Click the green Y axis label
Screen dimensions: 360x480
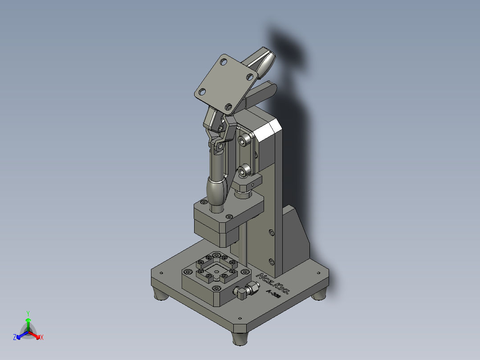pyautogui.click(x=28, y=313)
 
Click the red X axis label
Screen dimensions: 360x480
pyautogui.click(x=41, y=338)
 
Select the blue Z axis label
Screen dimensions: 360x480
pyautogui.click(x=15, y=337)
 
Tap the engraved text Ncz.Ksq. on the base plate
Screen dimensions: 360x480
pyautogui.click(x=275, y=282)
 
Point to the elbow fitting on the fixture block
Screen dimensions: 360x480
pyautogui.click(x=243, y=292)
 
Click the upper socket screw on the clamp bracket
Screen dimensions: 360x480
pyautogui.click(x=243, y=141)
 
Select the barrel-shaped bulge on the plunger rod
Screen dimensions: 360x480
pyautogui.click(x=217, y=190)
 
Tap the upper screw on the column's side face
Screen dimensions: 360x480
pyautogui.click(x=272, y=232)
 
